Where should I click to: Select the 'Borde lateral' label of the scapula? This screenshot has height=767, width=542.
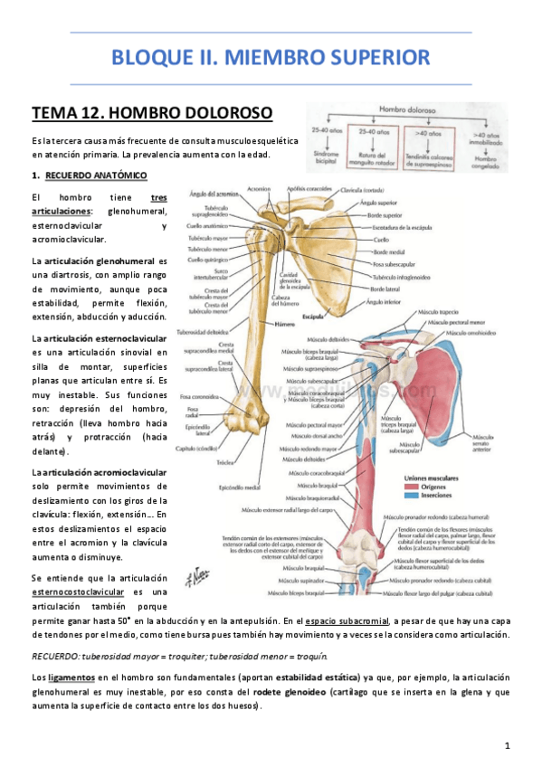pyautogui.click(x=386, y=289)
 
